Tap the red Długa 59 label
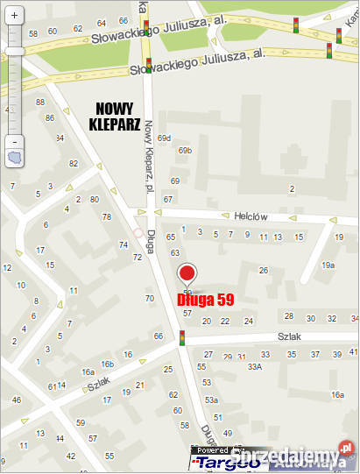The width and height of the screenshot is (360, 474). click(x=206, y=299)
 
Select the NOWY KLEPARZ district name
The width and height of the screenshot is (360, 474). click(x=116, y=116)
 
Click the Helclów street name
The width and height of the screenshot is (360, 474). click(x=250, y=216)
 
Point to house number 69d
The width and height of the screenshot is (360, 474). click(x=165, y=138)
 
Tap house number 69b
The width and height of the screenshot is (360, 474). click(x=185, y=150)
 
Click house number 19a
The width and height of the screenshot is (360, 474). click(x=328, y=265)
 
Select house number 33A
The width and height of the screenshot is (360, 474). click(x=255, y=367)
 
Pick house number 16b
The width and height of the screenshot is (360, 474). click(x=107, y=364)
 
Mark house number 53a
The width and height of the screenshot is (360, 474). click(x=211, y=400)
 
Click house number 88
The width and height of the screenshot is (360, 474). click(x=39, y=103)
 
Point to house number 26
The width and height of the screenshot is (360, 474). click(x=263, y=270)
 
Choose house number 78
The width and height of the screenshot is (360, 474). click(x=107, y=216)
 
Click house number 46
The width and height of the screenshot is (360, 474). click(x=16, y=400)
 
